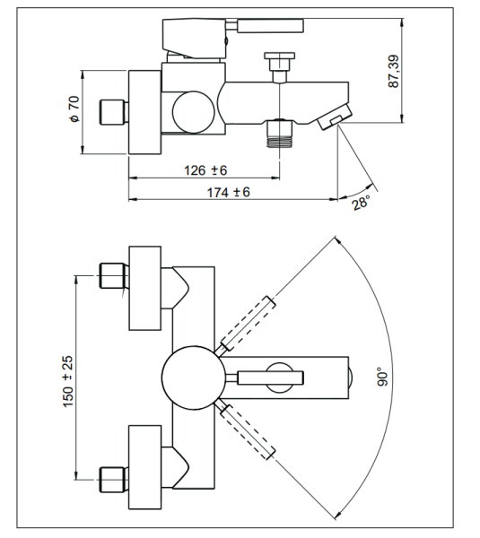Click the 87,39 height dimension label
pos(394,72)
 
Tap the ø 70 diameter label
pos(74,109)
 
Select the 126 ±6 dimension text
pos(205,170)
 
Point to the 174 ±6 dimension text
pos(228,192)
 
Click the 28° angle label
pos(362,202)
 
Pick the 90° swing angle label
pos(383,377)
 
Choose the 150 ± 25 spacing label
pos(68,382)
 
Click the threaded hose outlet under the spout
pos(280,134)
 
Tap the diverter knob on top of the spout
pos(280,67)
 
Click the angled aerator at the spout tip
pos(336,117)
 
